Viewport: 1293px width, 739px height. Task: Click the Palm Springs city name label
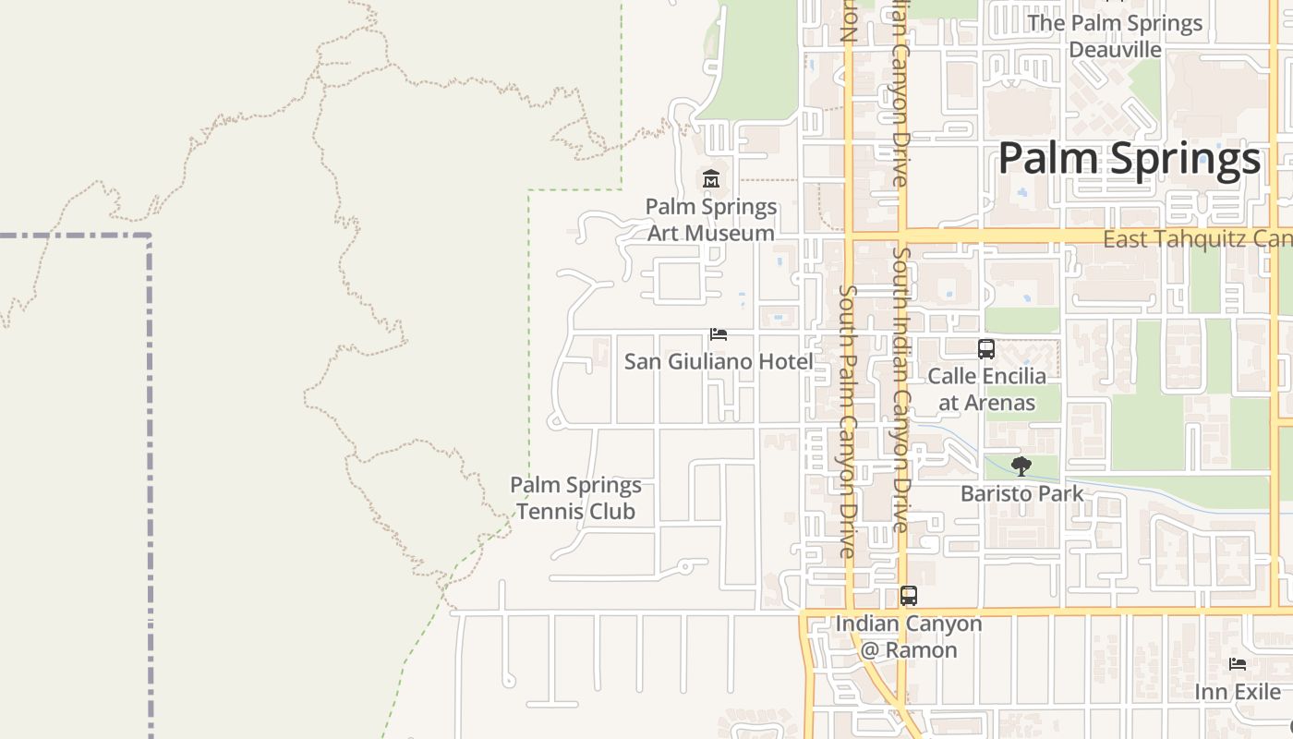pos(1129,159)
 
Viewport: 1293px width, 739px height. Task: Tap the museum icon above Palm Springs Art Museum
pos(711,178)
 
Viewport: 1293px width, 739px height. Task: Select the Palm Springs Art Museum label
pos(711,220)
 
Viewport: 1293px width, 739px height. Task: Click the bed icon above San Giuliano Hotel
pos(719,334)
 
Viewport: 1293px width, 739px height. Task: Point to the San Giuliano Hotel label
pos(719,362)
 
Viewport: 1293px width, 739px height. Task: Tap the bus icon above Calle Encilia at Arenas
pos(986,349)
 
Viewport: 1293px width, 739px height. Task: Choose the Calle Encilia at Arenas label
pos(986,389)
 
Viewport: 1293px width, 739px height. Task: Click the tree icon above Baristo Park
pos(1021,466)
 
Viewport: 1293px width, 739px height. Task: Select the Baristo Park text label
pos(1021,493)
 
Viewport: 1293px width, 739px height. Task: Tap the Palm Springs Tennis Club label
pos(575,498)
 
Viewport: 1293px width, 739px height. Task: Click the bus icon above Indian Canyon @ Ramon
pos(909,596)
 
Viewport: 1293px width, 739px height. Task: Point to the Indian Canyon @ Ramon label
pos(909,636)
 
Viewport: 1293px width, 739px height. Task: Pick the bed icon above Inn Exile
pos(1238,664)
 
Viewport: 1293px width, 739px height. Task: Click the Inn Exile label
pos(1238,692)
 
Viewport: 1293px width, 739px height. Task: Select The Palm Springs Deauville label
pos(1115,36)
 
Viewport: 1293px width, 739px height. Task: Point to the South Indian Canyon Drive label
pos(900,388)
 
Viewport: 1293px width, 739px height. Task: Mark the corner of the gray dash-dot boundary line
pos(149,236)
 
